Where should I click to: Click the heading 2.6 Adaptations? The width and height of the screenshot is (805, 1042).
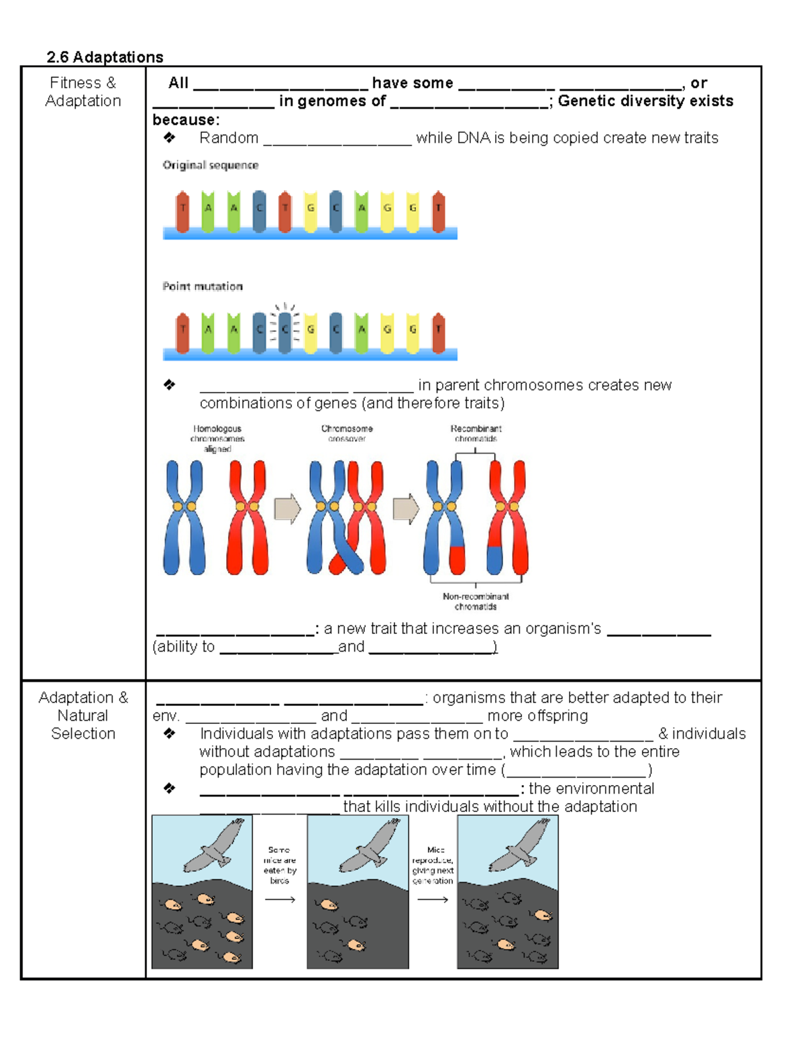point(105,57)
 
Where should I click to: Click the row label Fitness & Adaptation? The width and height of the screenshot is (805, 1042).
point(83,92)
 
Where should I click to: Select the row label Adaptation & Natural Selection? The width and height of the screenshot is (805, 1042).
point(83,715)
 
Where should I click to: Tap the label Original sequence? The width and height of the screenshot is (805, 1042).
point(210,165)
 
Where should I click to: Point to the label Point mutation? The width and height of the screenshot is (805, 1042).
point(203,286)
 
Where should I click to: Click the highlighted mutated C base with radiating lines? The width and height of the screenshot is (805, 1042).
point(285,329)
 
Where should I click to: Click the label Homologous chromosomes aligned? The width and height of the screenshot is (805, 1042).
point(217,439)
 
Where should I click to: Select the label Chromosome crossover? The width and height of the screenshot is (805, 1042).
point(347,433)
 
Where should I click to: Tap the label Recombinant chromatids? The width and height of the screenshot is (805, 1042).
point(476,433)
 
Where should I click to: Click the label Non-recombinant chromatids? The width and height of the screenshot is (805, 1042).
point(476,601)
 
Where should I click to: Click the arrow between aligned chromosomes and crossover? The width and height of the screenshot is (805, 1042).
point(287,509)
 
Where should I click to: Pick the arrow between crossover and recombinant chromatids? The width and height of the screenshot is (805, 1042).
point(405,509)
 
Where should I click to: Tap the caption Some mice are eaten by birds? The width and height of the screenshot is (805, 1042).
point(280,865)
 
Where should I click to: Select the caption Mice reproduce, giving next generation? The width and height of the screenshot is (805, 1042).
point(433,865)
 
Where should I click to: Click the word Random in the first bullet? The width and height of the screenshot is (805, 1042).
point(229,138)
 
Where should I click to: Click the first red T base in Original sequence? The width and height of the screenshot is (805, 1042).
point(182,211)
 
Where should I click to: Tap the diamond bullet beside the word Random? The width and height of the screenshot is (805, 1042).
point(169,138)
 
